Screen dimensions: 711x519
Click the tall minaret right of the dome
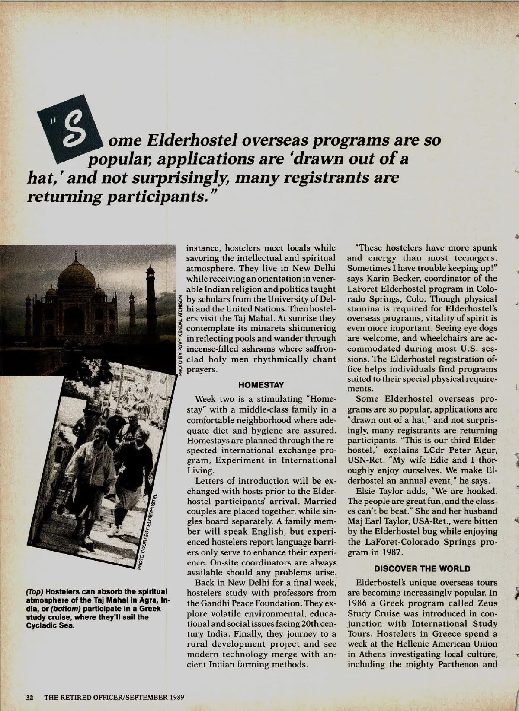click(151, 294)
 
